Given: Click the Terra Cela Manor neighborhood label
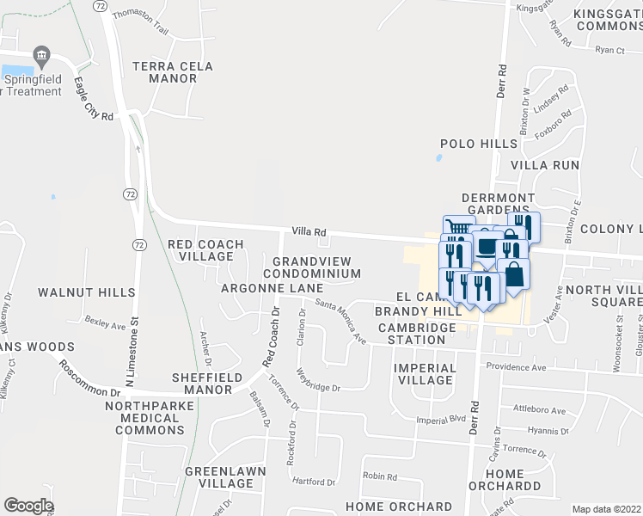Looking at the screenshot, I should tap(165, 72).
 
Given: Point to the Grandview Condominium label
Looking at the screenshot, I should tap(316, 267).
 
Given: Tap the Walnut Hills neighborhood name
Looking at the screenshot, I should tap(87, 292).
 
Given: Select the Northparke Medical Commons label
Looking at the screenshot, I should tap(144, 418).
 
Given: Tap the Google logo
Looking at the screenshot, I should tap(28, 506).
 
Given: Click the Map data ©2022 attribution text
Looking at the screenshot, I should tap(606, 509).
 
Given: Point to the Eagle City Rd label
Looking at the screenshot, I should tap(94, 100).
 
